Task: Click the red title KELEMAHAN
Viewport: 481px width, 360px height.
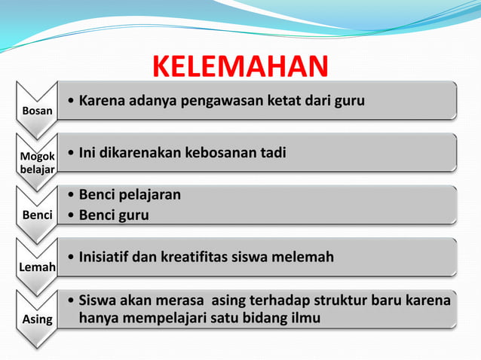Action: click(240, 66)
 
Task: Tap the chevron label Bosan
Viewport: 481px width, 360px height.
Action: click(38, 111)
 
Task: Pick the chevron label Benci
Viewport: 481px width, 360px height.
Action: click(38, 215)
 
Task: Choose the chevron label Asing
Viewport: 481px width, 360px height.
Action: click(38, 319)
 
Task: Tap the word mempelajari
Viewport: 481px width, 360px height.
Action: click(164, 319)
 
